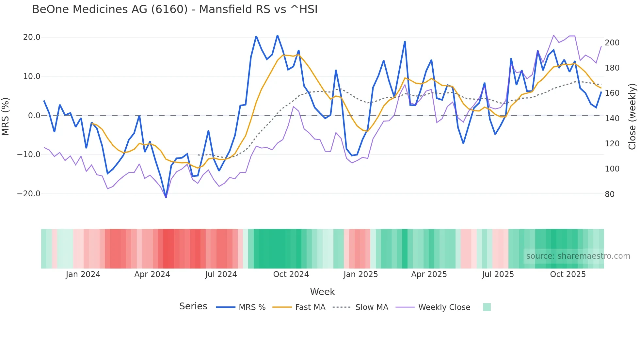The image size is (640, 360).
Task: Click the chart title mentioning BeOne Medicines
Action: pyautogui.click(x=175, y=9)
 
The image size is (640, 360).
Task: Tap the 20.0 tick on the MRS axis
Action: pyautogui.click(x=32, y=37)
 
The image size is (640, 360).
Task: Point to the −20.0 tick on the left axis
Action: pyautogui.click(x=29, y=194)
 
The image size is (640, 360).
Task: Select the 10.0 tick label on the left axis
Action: pyautogui.click(x=32, y=76)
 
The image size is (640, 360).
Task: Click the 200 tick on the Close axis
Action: pyautogui.click(x=612, y=43)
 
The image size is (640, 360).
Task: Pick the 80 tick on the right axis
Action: pyautogui.click(x=610, y=194)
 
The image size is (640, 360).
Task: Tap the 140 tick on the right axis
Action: pyautogui.click(x=612, y=119)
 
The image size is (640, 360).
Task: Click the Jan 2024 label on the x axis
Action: pyautogui.click(x=83, y=274)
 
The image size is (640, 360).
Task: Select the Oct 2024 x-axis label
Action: pyautogui.click(x=291, y=274)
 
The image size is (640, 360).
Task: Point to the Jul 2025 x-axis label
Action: pyautogui.click(x=498, y=274)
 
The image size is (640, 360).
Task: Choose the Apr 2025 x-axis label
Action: pyautogui.click(x=429, y=274)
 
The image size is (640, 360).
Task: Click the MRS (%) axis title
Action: pyautogui.click(x=6, y=116)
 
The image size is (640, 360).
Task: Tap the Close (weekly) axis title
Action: pyautogui.click(x=632, y=116)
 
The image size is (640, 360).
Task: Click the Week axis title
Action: pyautogui.click(x=322, y=292)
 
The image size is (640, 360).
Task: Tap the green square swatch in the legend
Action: pyautogui.click(x=487, y=307)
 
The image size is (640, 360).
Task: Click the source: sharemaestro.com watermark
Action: pyautogui.click(x=578, y=256)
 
